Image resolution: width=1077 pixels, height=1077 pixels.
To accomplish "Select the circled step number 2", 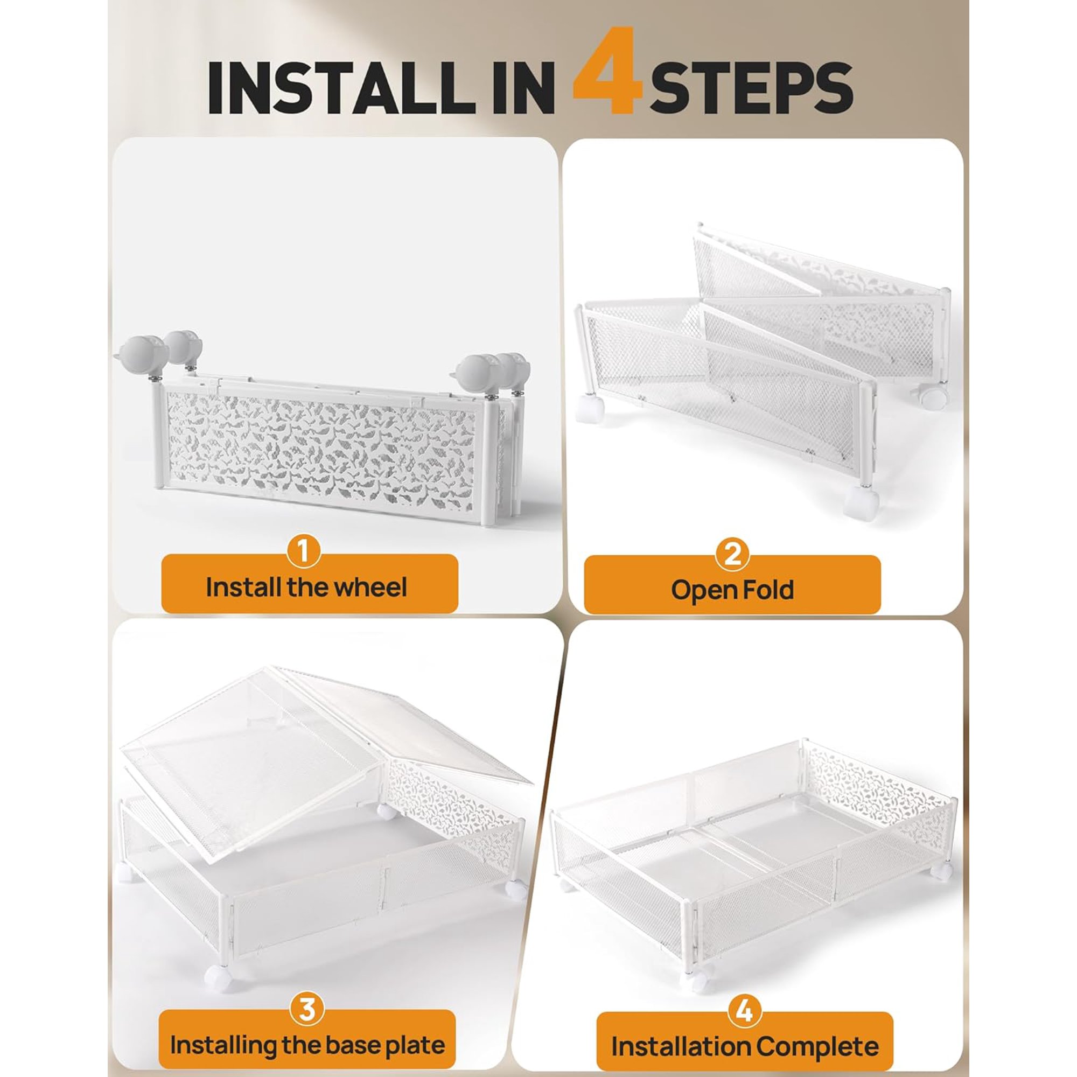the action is point(732,554).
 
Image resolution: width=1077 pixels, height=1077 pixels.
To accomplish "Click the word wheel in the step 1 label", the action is point(373,588).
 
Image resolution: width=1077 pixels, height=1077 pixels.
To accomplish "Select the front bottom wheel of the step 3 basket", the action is point(219,978).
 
